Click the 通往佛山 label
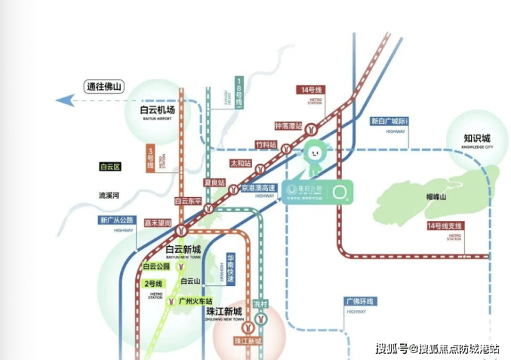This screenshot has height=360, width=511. pyautogui.click(x=104, y=87)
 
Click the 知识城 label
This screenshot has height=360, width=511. pyautogui.click(x=476, y=139)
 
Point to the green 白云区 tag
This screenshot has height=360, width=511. pyautogui.click(x=110, y=167)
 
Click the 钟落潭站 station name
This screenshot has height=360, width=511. pyautogui.click(x=288, y=126)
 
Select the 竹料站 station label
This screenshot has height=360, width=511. pyautogui.click(x=266, y=144)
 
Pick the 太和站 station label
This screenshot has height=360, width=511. pyautogui.click(x=241, y=163)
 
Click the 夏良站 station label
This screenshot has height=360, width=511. pyautogui.click(x=215, y=182)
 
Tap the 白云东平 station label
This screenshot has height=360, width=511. pyautogui.click(x=188, y=201)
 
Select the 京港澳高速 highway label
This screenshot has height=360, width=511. pyautogui.click(x=257, y=188)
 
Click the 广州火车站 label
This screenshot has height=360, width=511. pyautogui.click(x=195, y=301)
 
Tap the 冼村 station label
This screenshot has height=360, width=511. pyautogui.click(x=260, y=304)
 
